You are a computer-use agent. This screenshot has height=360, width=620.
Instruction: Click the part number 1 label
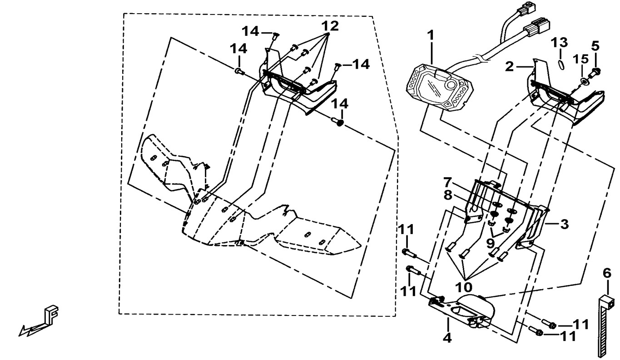[x=430, y=35]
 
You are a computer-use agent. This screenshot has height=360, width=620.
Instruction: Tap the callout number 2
[x=510, y=67]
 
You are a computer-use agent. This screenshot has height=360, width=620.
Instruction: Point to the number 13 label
[x=560, y=43]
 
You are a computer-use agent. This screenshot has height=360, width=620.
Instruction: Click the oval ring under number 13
[x=561, y=64]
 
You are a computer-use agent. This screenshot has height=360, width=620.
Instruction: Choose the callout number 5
[x=595, y=46]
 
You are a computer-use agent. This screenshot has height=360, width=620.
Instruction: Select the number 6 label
[x=607, y=273]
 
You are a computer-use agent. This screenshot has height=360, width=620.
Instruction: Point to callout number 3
[x=564, y=224]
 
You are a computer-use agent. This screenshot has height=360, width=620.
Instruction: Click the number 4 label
[x=447, y=338]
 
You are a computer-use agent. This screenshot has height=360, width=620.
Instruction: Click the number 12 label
[x=331, y=26]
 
